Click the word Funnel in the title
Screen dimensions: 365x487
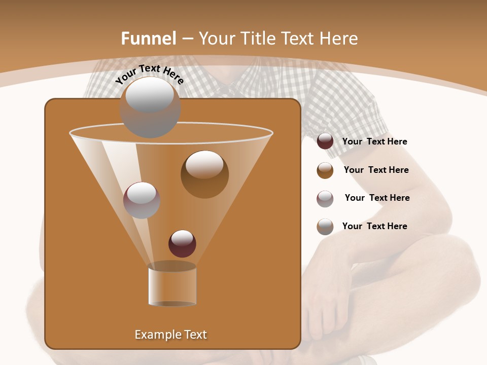pos(148,39)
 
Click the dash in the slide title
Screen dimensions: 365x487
pos(187,39)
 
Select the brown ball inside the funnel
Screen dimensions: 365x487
pos(204,175)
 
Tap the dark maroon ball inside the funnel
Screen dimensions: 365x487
pos(182,244)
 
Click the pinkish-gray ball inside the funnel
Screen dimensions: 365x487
pos(142,200)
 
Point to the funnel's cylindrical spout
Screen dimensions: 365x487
pos(172,285)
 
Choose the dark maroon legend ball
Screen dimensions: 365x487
pos(325,141)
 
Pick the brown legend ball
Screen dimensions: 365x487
pos(325,170)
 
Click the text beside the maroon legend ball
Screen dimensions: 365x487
pos(374,142)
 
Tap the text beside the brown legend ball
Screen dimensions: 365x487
pos(376,170)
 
